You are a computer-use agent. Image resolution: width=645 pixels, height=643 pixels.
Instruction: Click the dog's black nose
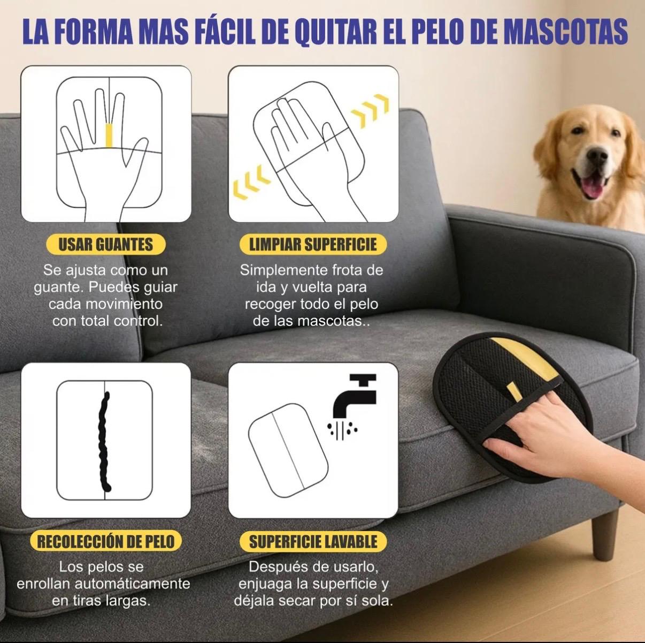tap(597, 156)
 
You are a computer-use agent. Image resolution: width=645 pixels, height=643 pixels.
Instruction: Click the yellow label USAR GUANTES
tap(105, 245)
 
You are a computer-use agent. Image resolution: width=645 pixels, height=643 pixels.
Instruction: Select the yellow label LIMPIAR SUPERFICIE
tap(313, 245)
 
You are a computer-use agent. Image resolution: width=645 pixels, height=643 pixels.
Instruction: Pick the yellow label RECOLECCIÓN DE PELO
tap(105, 541)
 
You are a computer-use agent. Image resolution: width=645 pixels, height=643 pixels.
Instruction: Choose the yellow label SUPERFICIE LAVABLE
tap(313, 541)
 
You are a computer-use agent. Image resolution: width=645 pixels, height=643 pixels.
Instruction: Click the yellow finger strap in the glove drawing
tap(110, 135)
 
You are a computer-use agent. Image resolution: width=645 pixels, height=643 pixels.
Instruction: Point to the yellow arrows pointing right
tap(370, 110)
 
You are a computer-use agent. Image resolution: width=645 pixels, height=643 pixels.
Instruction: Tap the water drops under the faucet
tap(342, 429)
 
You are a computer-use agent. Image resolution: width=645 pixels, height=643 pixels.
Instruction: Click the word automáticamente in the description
tap(133, 583)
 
